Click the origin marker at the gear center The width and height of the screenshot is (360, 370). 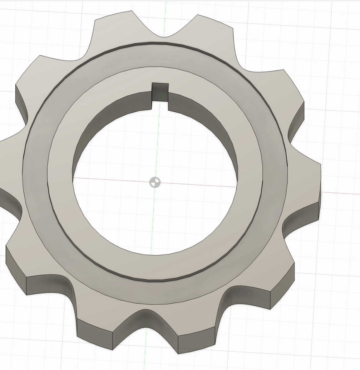point(155,182)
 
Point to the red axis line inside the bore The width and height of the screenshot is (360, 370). point(203,184)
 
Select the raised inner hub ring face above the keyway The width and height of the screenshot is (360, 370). point(160,75)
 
